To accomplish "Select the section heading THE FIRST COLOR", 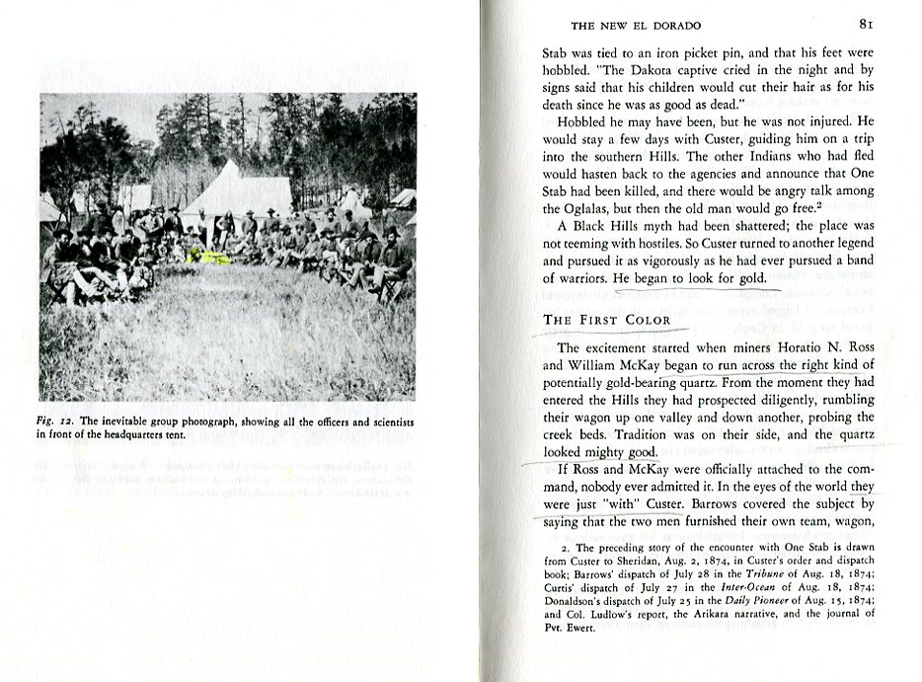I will coord(606,320).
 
